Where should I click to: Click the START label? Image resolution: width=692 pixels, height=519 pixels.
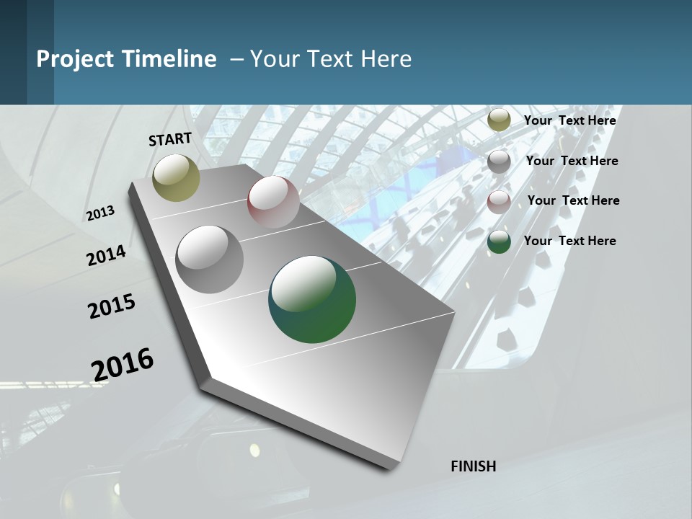(x=170, y=139)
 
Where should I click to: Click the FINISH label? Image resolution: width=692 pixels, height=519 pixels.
(x=474, y=466)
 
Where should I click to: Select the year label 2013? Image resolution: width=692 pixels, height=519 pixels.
(x=100, y=213)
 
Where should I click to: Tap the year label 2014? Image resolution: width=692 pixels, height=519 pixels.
(x=106, y=256)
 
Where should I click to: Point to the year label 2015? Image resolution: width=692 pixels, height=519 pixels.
(x=112, y=306)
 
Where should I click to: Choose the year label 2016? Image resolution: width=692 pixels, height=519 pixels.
(x=123, y=364)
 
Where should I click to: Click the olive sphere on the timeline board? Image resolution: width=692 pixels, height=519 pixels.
(x=177, y=177)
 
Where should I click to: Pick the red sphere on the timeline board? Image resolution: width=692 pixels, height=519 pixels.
(x=273, y=201)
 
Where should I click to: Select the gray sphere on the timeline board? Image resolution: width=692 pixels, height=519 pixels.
(x=209, y=259)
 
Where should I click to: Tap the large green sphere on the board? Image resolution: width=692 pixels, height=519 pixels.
(x=312, y=299)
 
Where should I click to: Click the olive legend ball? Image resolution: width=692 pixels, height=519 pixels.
(x=499, y=120)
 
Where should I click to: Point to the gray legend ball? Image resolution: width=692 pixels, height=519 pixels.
(x=499, y=161)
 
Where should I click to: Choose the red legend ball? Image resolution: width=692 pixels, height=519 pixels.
(x=499, y=202)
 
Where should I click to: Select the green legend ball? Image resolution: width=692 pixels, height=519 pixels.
(x=499, y=241)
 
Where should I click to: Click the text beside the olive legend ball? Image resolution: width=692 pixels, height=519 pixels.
(x=569, y=120)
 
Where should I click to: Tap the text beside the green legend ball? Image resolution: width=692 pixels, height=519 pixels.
(x=569, y=241)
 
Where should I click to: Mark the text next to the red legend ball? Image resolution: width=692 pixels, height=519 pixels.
(x=573, y=200)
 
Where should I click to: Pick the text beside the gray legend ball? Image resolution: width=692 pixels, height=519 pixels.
(x=572, y=161)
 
